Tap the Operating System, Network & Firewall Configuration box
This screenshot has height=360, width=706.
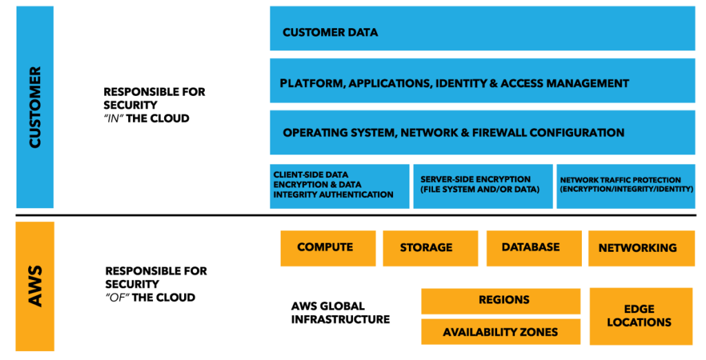[x=482, y=132]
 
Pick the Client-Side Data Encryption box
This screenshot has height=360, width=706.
[x=339, y=186]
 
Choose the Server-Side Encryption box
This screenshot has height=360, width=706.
[x=483, y=186]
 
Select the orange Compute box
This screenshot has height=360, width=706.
[x=327, y=248]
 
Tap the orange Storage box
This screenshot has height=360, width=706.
[x=430, y=248]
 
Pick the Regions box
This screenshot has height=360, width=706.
[x=504, y=301]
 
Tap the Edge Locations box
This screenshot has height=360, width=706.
[x=641, y=316]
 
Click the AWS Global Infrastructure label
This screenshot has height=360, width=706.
[x=340, y=313]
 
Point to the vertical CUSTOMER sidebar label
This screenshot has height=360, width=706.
[x=34, y=107]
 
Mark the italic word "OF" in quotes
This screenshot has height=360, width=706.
[x=117, y=298]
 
